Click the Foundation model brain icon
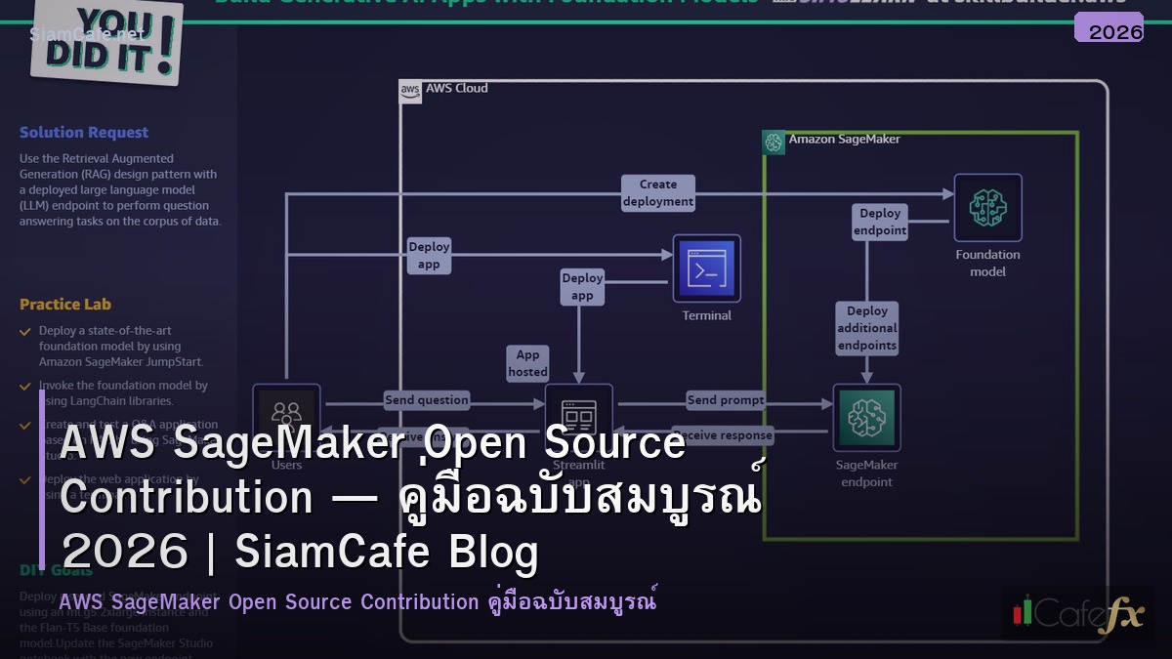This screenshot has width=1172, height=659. pyautogui.click(x=987, y=208)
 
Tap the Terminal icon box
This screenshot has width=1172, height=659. pyautogui.click(x=706, y=268)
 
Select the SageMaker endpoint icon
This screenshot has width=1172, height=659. pyautogui.click(x=866, y=418)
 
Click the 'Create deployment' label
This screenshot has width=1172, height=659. pyautogui.click(x=658, y=193)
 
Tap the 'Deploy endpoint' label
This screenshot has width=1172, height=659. pyautogui.click(x=880, y=222)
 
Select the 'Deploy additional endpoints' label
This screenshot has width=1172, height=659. pyautogui.click(x=867, y=328)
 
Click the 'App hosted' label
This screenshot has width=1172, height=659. pyautogui.click(x=527, y=363)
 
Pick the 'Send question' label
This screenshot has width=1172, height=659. pyautogui.click(x=427, y=400)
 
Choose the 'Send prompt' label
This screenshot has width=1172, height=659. pyautogui.click(x=726, y=400)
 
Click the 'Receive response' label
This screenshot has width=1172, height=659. pyautogui.click(x=724, y=435)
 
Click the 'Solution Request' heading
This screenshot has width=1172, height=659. pyautogui.click(x=84, y=133)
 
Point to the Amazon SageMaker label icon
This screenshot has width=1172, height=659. pyautogui.click(x=774, y=142)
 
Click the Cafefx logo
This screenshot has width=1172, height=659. pyautogui.click(x=1077, y=613)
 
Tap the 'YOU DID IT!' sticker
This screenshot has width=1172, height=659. pyautogui.click(x=107, y=41)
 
